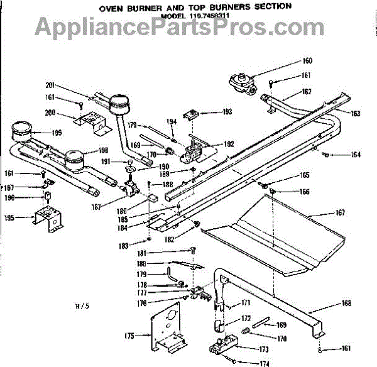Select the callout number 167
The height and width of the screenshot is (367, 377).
click(339, 213)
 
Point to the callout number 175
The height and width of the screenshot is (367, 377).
click(129, 336)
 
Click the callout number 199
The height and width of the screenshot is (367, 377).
click(57, 133)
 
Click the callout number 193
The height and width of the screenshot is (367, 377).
click(226, 112)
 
